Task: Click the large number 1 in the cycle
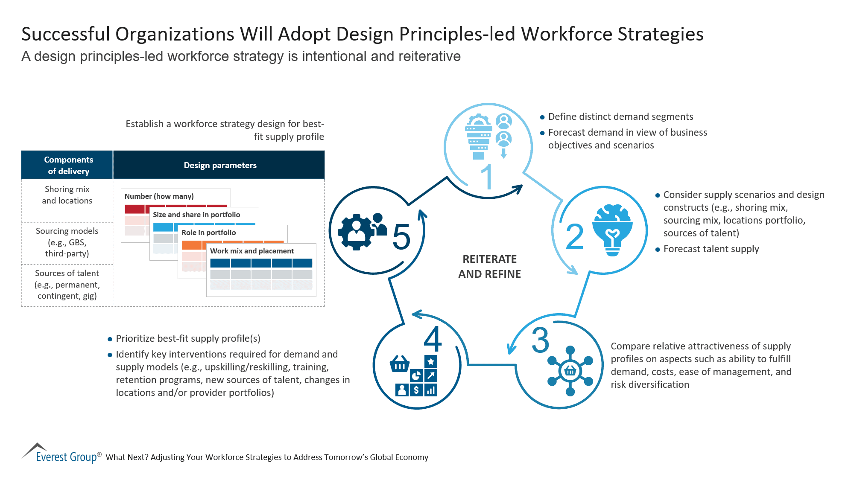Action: point(488,177)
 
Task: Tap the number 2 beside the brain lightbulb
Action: point(574,237)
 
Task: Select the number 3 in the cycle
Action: point(540,340)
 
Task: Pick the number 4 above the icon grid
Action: point(433,339)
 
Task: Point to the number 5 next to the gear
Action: point(401,237)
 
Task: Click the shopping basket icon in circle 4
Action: point(399,364)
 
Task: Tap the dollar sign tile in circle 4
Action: point(416,390)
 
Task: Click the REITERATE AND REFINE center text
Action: point(489,267)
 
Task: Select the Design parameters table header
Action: point(220,165)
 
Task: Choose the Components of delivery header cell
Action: point(68,165)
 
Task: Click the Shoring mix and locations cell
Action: point(67,195)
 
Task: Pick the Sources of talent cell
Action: point(67,285)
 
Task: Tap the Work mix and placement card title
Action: point(252,251)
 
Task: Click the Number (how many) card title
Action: point(159,196)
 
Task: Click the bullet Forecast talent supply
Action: point(711,249)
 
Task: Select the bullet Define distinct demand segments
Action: point(620,117)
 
